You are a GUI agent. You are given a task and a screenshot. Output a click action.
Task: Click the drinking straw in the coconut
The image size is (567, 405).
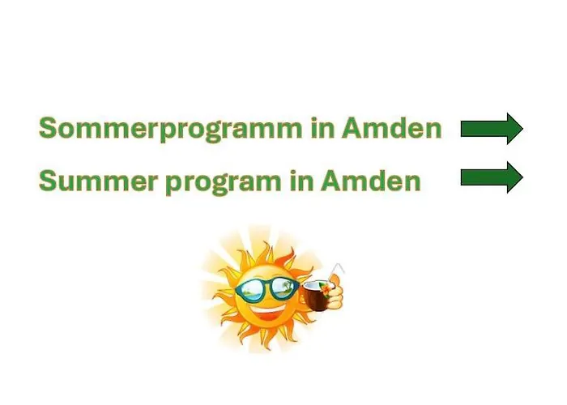tap(335, 271)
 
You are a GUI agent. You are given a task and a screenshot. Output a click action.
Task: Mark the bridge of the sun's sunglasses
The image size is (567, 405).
tap(268, 285)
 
